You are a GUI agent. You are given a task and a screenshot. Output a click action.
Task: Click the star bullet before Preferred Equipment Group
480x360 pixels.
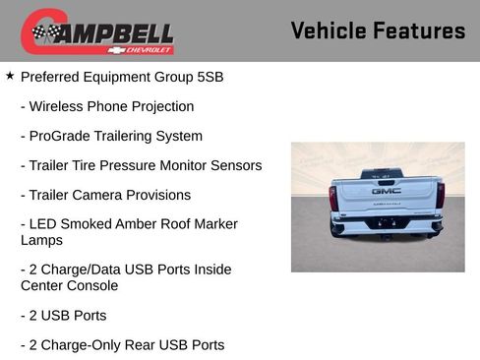[x=10, y=75]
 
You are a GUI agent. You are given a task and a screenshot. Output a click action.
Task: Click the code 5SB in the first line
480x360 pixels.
[x=209, y=77]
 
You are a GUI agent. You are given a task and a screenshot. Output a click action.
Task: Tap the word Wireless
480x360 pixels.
[x=58, y=106]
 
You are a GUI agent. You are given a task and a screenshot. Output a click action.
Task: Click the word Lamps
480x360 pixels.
[x=41, y=240]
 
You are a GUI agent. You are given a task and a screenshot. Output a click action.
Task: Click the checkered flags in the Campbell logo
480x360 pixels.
[x=42, y=33]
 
